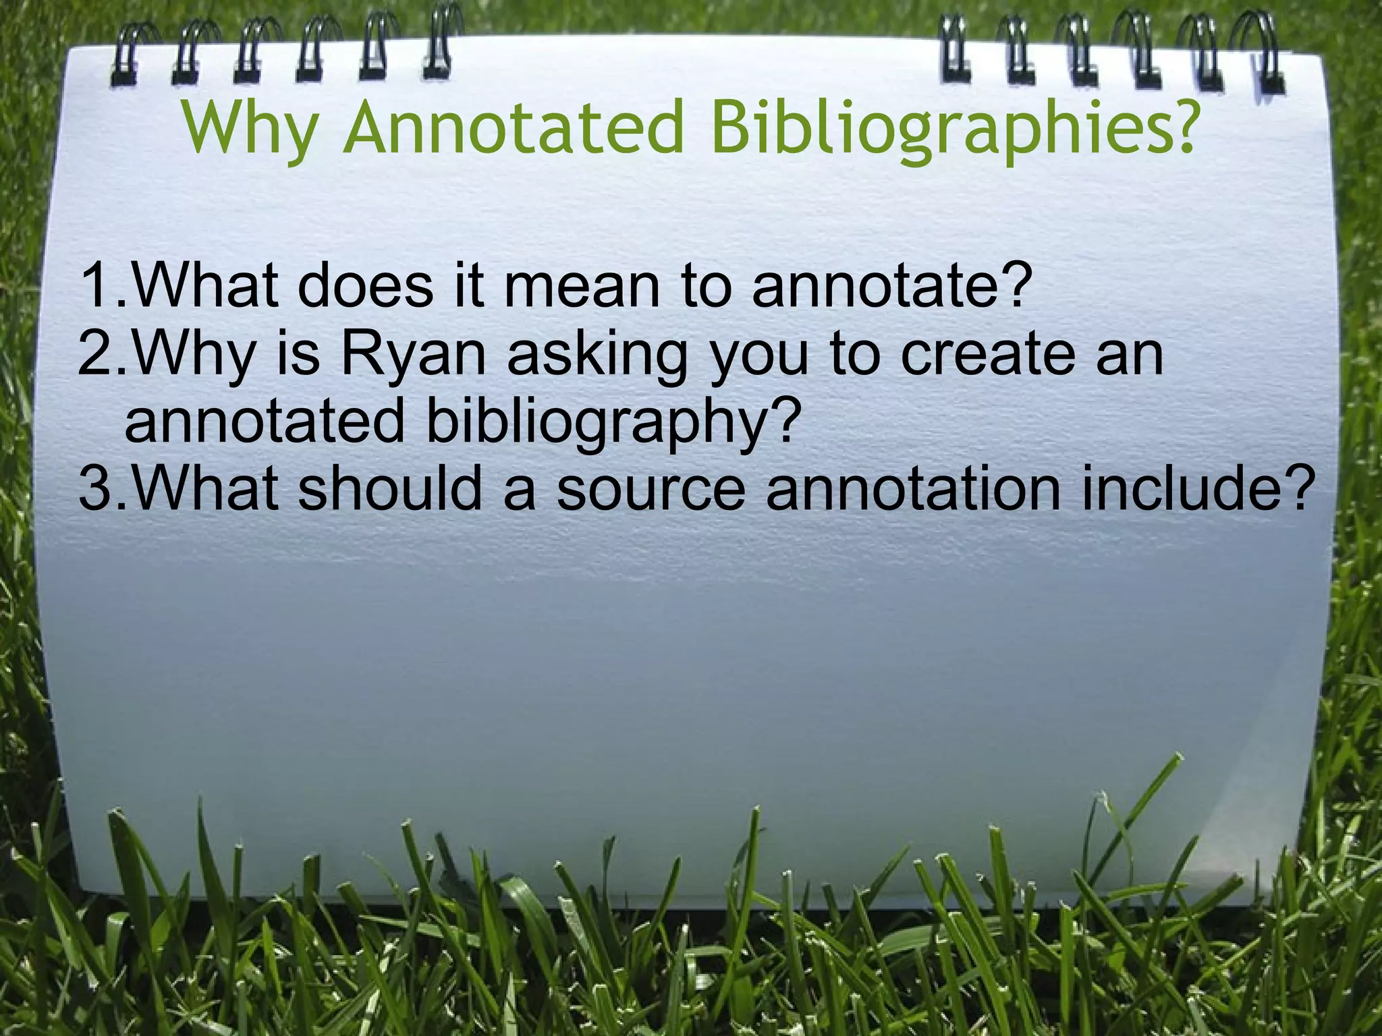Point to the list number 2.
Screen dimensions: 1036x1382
click(98, 355)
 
